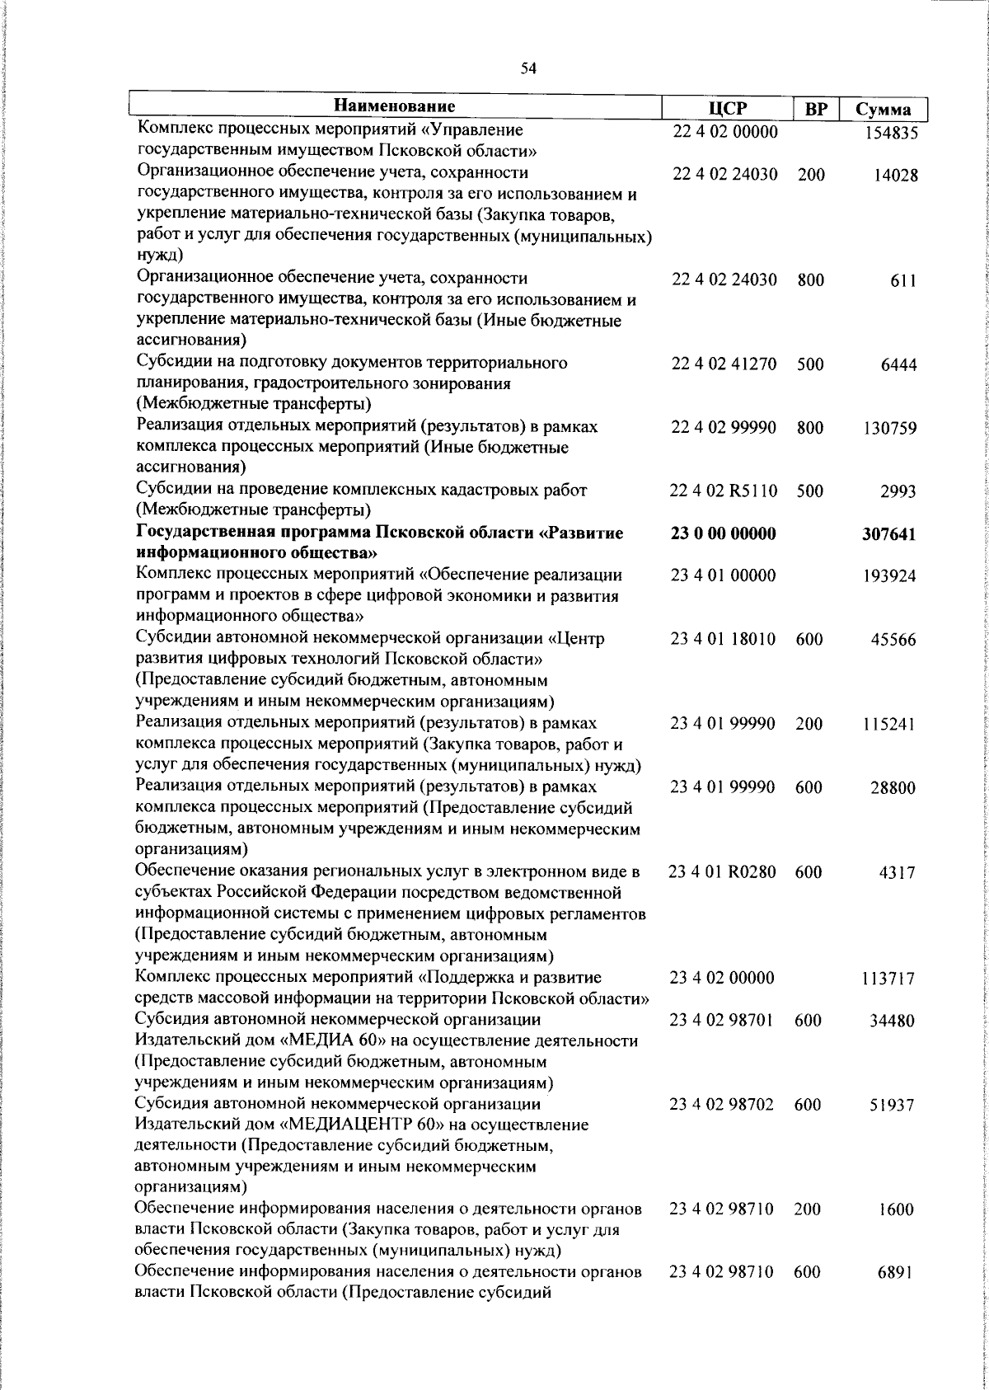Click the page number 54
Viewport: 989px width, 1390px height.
tap(528, 69)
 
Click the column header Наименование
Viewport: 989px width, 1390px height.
tap(395, 106)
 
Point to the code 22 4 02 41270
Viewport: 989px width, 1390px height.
tap(724, 364)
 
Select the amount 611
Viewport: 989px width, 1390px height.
tap(903, 281)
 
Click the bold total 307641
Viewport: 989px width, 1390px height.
tap(889, 535)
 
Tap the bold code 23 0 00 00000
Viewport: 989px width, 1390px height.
tap(723, 534)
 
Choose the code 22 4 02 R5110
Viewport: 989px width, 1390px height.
tap(724, 491)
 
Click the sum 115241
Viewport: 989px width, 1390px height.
tap(889, 726)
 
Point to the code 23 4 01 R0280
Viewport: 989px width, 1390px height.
tap(722, 872)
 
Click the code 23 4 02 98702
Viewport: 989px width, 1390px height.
tap(722, 1105)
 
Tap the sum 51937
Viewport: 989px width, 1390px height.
tap(893, 1106)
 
